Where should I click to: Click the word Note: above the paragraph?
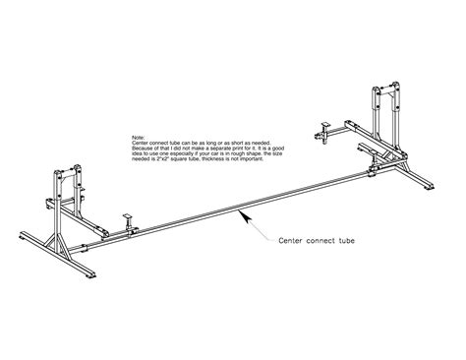[136, 139]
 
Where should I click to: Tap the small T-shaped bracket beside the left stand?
[127, 215]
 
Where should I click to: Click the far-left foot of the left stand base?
[22, 235]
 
